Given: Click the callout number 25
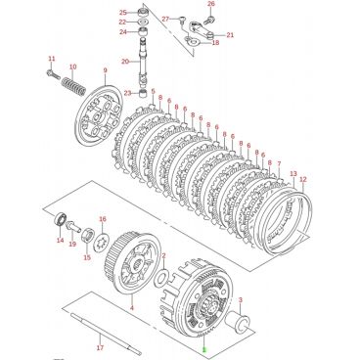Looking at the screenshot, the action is (x=123, y=13).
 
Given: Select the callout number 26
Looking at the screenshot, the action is (x=211, y=4).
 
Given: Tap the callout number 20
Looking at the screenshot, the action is (x=125, y=61).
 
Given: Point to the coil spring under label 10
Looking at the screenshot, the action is (x=73, y=85).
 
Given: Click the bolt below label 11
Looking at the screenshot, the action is (x=54, y=74).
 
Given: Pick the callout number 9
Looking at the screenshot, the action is (x=105, y=70).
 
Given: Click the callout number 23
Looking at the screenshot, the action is (x=127, y=93).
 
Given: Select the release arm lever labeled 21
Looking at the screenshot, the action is (x=201, y=30).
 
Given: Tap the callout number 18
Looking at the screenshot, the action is (x=215, y=43).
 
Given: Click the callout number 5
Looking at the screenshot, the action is (x=153, y=91).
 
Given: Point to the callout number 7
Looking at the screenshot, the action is (x=279, y=164).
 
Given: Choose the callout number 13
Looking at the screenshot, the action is (x=293, y=173).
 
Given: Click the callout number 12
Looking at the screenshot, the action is (x=303, y=179).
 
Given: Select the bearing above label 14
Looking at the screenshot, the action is (x=61, y=218).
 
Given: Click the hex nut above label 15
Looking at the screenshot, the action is (x=88, y=236).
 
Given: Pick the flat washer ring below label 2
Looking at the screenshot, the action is (x=161, y=277).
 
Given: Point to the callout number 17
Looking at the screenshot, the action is (x=100, y=347).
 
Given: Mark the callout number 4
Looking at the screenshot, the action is (x=132, y=307).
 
